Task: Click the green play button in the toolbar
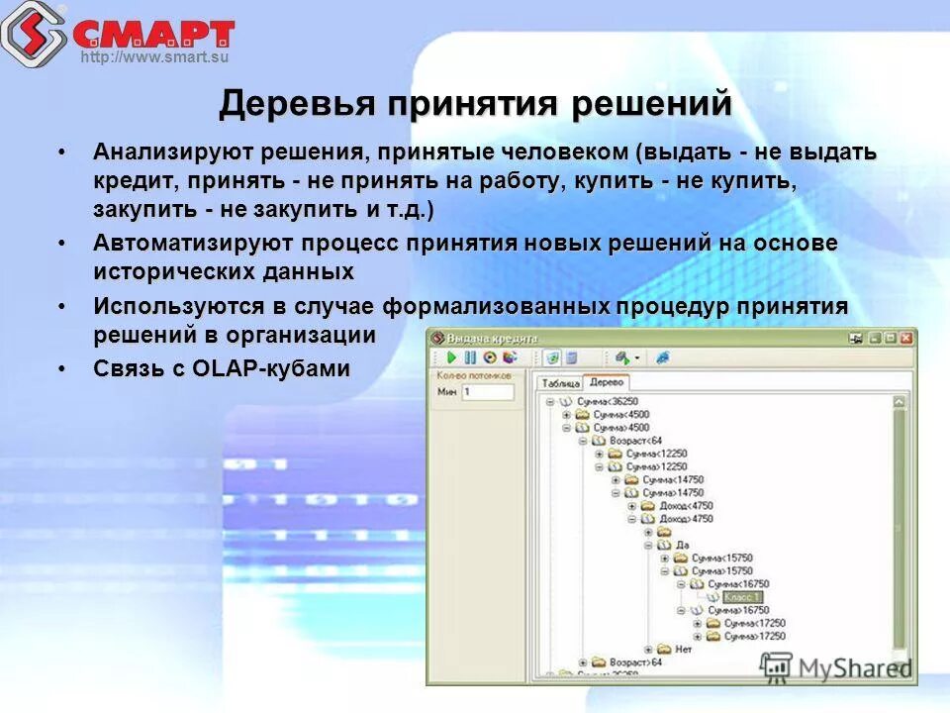pyautogui.click(x=451, y=357)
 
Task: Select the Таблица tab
pyautogui.click(x=559, y=383)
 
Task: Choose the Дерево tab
pyautogui.click(x=605, y=382)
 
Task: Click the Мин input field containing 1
pyautogui.click(x=487, y=392)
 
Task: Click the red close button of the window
pyautogui.click(x=905, y=338)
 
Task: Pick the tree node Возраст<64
pyautogui.click(x=633, y=440)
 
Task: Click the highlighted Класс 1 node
pyautogui.click(x=741, y=597)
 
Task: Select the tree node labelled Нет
pyautogui.click(x=683, y=650)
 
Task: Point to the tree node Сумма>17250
pyautogui.click(x=754, y=637)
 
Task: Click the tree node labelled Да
pyautogui.click(x=682, y=545)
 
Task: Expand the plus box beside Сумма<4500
pyautogui.click(x=567, y=415)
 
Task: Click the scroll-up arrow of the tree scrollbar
pyautogui.click(x=899, y=402)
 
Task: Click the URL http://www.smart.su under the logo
pyautogui.click(x=154, y=57)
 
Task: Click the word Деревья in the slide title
pyautogui.click(x=298, y=104)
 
